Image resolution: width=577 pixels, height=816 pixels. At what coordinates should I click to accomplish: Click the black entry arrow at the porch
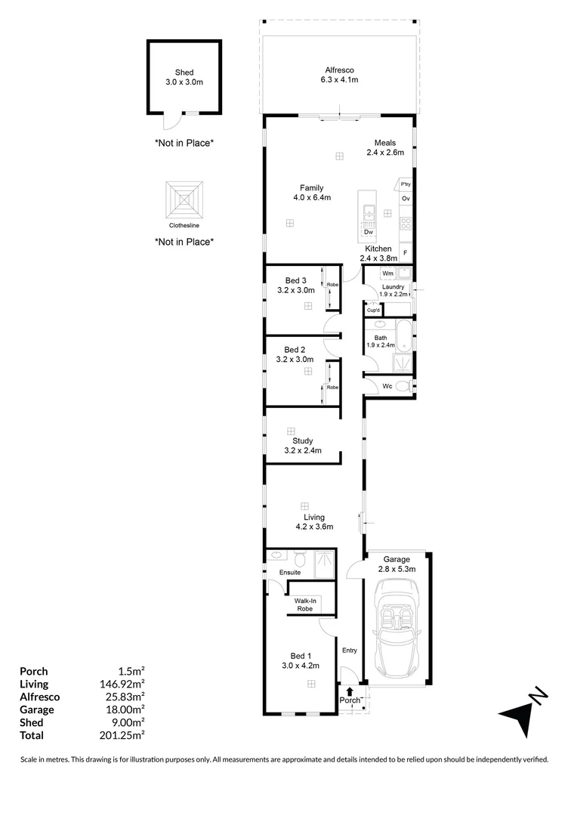(x=349, y=689)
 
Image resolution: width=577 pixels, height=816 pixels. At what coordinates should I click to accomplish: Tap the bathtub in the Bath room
(x=403, y=336)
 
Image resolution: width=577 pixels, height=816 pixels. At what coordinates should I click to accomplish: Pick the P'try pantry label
(x=406, y=184)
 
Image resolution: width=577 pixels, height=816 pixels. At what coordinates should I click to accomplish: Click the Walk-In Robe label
(x=305, y=604)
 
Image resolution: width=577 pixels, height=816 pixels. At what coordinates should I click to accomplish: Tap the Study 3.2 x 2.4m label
(x=302, y=446)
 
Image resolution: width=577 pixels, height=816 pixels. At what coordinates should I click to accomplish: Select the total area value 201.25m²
(x=124, y=735)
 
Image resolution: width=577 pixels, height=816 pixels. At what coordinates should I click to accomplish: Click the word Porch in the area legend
(x=34, y=671)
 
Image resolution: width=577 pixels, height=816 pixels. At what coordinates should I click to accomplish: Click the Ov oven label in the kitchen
(x=406, y=199)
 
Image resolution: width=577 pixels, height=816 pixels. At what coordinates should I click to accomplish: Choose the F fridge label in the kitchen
(x=405, y=253)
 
